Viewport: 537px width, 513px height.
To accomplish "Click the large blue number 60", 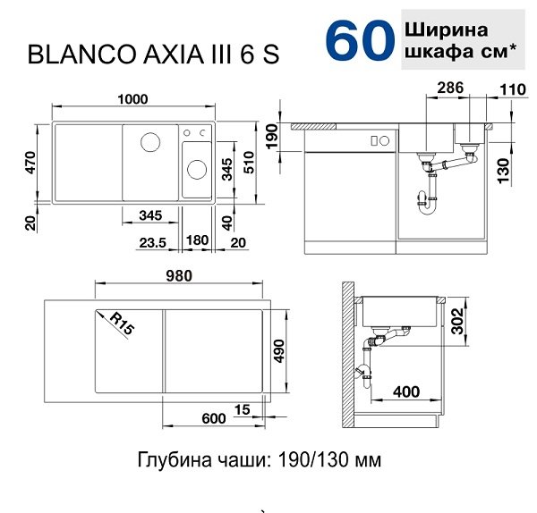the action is pyautogui.click(x=359, y=40).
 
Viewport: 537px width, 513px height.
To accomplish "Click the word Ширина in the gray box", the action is pyautogui.click(x=447, y=30).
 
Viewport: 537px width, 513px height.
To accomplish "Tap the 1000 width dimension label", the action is pyautogui.click(x=132, y=99).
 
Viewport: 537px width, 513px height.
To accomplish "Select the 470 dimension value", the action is pyautogui.click(x=30, y=162).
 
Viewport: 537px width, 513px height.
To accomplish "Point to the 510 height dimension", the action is pyautogui.click(x=249, y=162).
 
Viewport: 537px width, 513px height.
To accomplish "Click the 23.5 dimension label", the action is pyautogui.click(x=152, y=243).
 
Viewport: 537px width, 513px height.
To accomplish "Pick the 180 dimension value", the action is pyautogui.click(x=197, y=240).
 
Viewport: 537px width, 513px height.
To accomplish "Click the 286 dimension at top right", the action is pyautogui.click(x=450, y=88).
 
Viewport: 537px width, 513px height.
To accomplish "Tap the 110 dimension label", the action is pyautogui.click(x=512, y=89).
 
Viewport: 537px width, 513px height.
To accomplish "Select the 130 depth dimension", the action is pyautogui.click(x=504, y=170).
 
